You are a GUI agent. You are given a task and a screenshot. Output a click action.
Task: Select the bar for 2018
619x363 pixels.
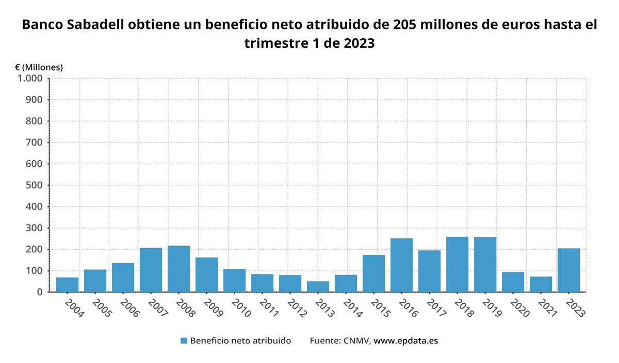(x=457, y=264)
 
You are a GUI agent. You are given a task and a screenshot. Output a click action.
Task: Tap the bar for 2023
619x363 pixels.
(x=568, y=270)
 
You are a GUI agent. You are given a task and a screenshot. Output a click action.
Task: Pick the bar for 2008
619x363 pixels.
(x=178, y=268)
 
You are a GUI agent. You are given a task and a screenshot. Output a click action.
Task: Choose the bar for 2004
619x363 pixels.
(x=67, y=284)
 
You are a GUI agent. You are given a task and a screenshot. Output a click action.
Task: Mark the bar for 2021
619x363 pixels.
(x=541, y=284)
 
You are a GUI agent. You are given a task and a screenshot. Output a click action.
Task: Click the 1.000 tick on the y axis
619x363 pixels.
(x=30, y=79)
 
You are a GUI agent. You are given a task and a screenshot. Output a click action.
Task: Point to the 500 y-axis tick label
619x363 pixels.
(x=35, y=185)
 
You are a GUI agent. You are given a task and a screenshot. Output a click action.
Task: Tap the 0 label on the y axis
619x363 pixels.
(x=40, y=292)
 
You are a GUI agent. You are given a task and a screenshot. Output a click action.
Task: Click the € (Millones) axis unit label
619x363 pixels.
(x=39, y=67)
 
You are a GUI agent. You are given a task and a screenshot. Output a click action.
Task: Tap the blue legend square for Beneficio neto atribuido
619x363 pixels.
(x=184, y=341)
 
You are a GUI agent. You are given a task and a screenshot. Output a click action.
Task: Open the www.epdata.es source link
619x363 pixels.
(x=405, y=341)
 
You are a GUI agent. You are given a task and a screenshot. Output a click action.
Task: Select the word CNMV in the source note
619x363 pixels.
(x=356, y=341)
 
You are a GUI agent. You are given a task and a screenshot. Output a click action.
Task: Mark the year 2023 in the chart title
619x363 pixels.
(x=356, y=43)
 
